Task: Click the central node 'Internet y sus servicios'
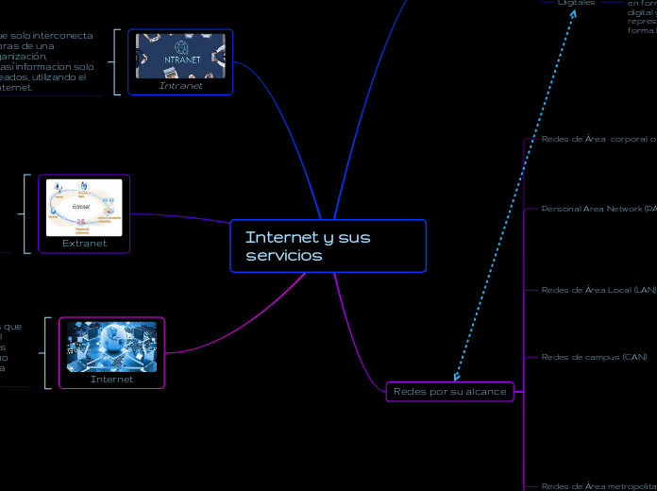(x=328, y=245)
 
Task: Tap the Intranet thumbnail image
(x=180, y=56)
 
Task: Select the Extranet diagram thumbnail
(x=84, y=207)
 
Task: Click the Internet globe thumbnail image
(x=111, y=347)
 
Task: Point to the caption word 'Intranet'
(x=180, y=86)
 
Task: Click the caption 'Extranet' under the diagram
(x=84, y=243)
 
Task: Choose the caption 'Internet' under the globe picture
(x=111, y=380)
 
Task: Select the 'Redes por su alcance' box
(x=449, y=391)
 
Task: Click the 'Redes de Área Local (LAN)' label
(x=598, y=290)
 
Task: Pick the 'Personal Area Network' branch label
(x=598, y=208)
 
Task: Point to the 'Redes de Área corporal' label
(x=598, y=139)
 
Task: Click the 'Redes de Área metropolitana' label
(x=598, y=485)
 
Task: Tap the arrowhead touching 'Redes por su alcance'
(x=457, y=377)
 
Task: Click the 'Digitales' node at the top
(x=576, y=3)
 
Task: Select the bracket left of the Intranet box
(x=116, y=61)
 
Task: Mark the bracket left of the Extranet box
(x=26, y=213)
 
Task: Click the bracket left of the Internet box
(x=47, y=352)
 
